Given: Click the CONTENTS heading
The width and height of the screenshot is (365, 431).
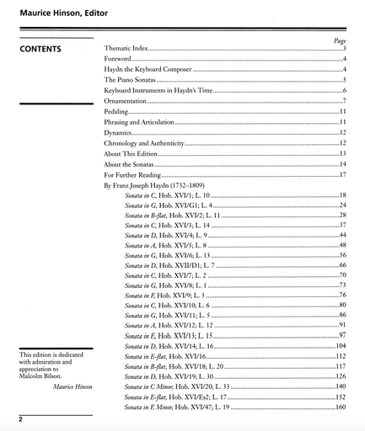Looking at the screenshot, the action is pos(46,50).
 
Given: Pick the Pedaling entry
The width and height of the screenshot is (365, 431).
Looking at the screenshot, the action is pos(116,112).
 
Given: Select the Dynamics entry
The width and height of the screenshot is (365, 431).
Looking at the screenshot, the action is pos(118,133).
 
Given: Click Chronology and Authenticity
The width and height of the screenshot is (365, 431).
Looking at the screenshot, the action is pos(143,144).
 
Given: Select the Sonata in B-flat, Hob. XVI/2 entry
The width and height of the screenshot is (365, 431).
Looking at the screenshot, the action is pos(173,215).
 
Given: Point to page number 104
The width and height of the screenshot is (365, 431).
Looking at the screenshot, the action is pos(341,346).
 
